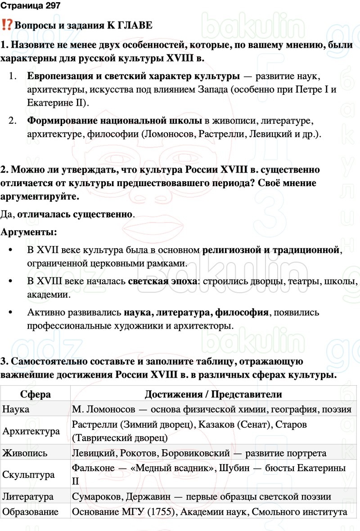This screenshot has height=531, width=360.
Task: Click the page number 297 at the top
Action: click(50, 6)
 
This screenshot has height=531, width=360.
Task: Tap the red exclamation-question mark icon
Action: click(7, 25)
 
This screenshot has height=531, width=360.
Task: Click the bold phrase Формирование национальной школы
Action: click(114, 120)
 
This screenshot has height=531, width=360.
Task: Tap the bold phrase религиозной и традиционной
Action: click(270, 250)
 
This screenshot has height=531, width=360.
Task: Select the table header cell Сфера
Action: click(36, 394)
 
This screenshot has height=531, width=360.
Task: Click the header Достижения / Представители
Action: click(213, 394)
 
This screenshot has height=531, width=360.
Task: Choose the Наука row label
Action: click(16, 409)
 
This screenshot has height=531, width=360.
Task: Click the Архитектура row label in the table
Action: click(31, 431)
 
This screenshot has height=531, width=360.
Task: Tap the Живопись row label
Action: click(25, 453)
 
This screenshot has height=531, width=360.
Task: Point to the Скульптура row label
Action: click(29, 475)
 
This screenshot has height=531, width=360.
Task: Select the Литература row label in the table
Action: click(28, 497)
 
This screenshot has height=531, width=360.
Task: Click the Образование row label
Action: click(31, 512)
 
